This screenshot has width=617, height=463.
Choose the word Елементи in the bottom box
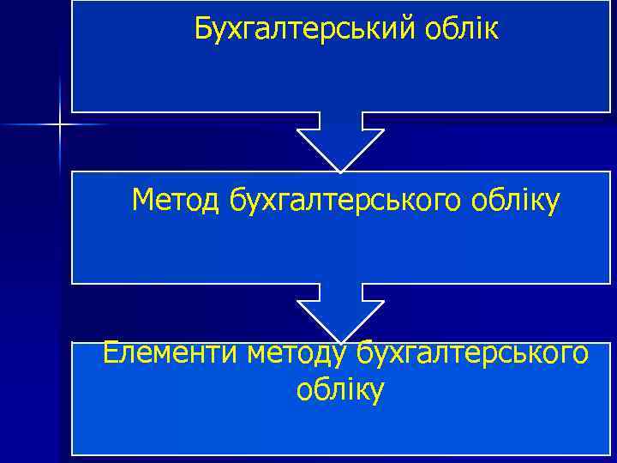(x=170, y=352)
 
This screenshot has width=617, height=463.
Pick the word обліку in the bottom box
(x=340, y=390)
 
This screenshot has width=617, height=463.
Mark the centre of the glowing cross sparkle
(x=59, y=125)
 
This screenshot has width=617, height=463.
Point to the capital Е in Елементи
(x=111, y=352)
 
